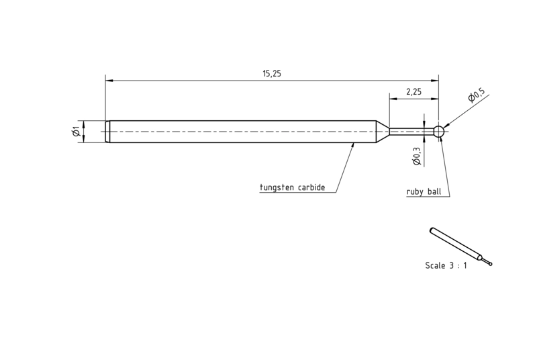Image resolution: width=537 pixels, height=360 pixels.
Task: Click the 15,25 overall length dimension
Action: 272,73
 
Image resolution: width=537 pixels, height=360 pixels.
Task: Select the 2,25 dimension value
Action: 413,92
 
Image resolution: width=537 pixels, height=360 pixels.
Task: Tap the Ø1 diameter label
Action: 76,131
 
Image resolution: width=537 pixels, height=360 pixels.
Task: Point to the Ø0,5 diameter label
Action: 477,95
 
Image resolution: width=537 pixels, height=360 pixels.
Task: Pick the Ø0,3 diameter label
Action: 416,156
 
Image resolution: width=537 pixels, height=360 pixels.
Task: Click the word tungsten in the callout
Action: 277,187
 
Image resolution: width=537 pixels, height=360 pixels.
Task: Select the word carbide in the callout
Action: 311,187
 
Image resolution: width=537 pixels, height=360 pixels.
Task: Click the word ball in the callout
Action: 434,191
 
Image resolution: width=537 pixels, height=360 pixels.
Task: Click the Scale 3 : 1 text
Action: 446,265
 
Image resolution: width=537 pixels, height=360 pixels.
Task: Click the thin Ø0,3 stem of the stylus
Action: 411,132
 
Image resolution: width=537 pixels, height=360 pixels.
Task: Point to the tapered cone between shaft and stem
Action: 383,132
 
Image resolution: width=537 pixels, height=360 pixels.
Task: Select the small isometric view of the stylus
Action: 460,246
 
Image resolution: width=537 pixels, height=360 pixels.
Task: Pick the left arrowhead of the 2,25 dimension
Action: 393,99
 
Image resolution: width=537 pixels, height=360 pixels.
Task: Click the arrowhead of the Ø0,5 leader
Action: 446,126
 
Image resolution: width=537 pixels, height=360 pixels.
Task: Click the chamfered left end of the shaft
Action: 107,132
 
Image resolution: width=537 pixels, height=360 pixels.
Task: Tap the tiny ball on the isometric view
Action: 491,264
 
